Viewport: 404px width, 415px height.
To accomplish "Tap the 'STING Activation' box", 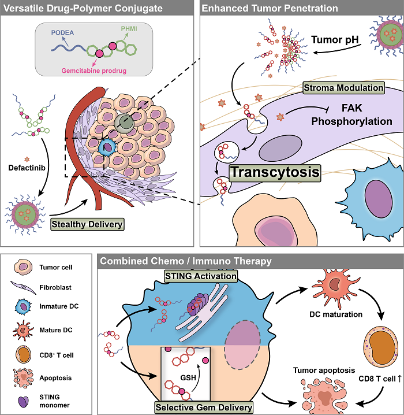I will [x=201, y=276].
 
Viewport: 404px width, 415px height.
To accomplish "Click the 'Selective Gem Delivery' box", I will [x=204, y=407].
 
